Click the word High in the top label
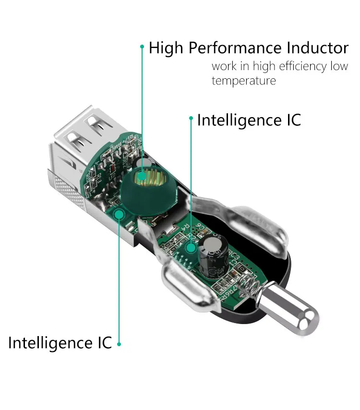coord(166,48)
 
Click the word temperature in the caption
coord(244,80)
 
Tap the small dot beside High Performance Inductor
coord(142,47)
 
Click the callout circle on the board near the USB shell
coord(119,213)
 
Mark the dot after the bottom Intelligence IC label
coord(119,344)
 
